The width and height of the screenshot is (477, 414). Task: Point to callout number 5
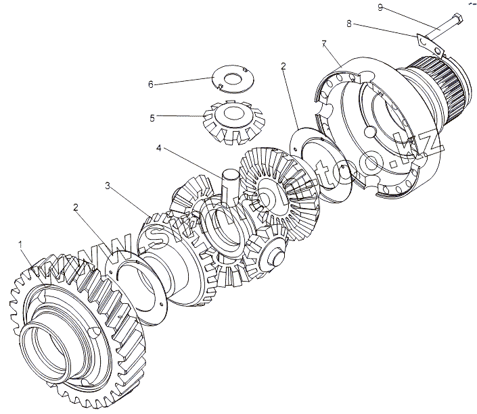pyautogui.click(x=152, y=118)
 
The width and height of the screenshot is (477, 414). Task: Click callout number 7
pyautogui.click(x=324, y=43)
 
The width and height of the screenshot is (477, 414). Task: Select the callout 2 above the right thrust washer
pyautogui.click(x=283, y=67)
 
